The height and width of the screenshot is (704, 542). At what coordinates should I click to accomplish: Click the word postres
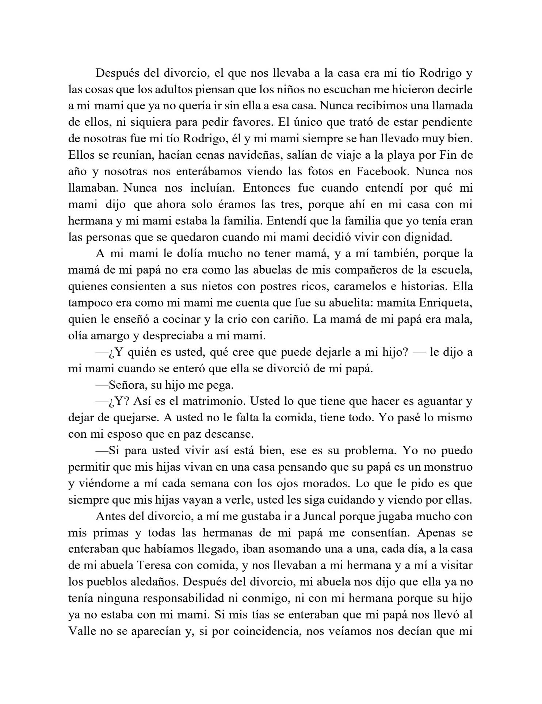pyautogui.click(x=282, y=286)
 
